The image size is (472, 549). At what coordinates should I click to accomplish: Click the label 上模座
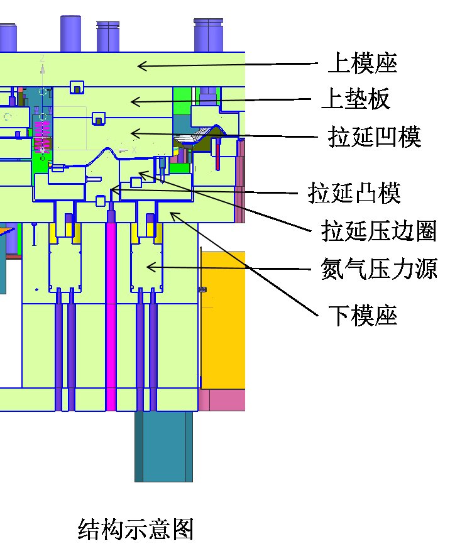363,64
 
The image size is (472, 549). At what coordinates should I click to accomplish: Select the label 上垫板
356,99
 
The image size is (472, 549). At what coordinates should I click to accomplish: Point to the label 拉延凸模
354,193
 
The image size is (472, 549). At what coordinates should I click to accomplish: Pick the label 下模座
363,315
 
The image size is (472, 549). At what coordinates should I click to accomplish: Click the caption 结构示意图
135,530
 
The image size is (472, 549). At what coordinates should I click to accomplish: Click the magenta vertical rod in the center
111,314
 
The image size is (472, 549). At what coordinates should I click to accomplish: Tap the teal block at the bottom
163,446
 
